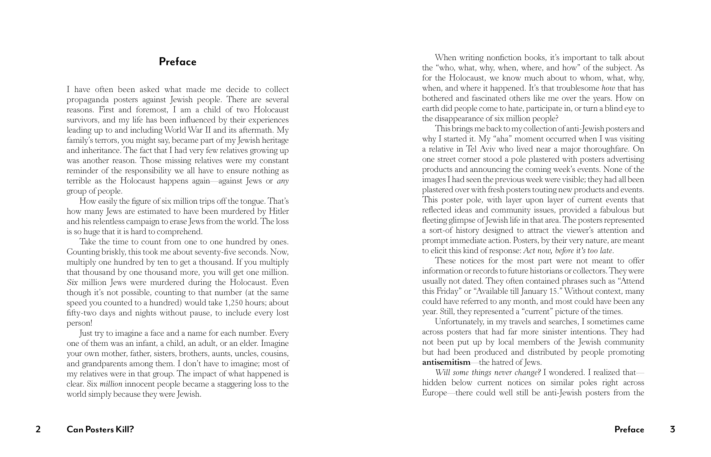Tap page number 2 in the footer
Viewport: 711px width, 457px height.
pyautogui.click(x=38, y=429)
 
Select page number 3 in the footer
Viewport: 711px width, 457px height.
pyautogui.click(x=672, y=429)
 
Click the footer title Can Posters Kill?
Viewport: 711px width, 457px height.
pyautogui.click(x=100, y=429)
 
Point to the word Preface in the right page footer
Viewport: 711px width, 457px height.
pyautogui.click(x=629, y=429)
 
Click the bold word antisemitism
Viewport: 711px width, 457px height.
pyautogui.click(x=446, y=362)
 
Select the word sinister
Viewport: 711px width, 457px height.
pyautogui.click(x=548, y=332)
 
